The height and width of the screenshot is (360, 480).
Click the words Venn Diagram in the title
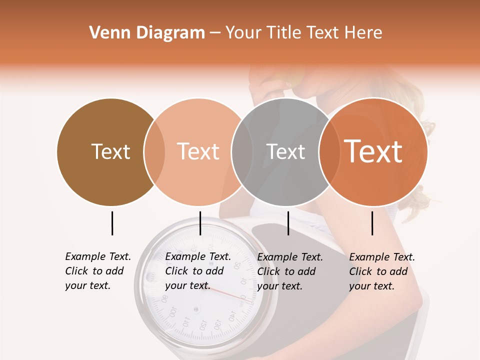(147, 33)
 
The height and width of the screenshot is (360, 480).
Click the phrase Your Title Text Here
(303, 33)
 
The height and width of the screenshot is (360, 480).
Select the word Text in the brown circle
(110, 152)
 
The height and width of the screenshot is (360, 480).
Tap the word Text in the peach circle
(198, 152)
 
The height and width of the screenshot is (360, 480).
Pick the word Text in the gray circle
(285, 152)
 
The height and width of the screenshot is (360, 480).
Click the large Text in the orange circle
(373, 151)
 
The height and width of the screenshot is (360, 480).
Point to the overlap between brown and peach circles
(154, 152)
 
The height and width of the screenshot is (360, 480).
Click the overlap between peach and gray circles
(242, 152)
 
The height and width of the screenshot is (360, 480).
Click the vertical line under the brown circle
(112, 223)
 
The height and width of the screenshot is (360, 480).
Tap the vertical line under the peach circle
(200, 223)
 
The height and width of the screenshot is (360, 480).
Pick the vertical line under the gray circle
(288, 223)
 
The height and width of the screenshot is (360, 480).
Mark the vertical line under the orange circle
(372, 223)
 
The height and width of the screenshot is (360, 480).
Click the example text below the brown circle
(98, 271)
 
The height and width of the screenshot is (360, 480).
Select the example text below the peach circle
(198, 271)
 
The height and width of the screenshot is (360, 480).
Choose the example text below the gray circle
(290, 271)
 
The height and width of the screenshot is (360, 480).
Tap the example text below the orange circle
(382, 271)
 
